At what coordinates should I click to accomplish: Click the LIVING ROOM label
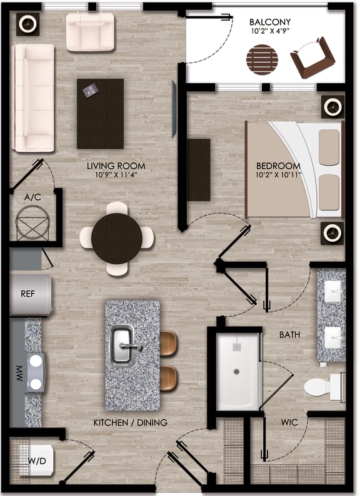116,166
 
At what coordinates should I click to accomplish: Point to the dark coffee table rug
100,113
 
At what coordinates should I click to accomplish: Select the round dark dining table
117,238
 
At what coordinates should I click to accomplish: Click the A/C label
32,197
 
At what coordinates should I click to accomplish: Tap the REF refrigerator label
27,294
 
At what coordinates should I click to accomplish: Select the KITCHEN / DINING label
131,423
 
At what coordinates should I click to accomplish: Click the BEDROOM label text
278,166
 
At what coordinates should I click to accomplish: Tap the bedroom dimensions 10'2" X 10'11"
278,175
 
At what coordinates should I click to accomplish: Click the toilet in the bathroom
324,385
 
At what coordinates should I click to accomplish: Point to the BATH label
289,335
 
